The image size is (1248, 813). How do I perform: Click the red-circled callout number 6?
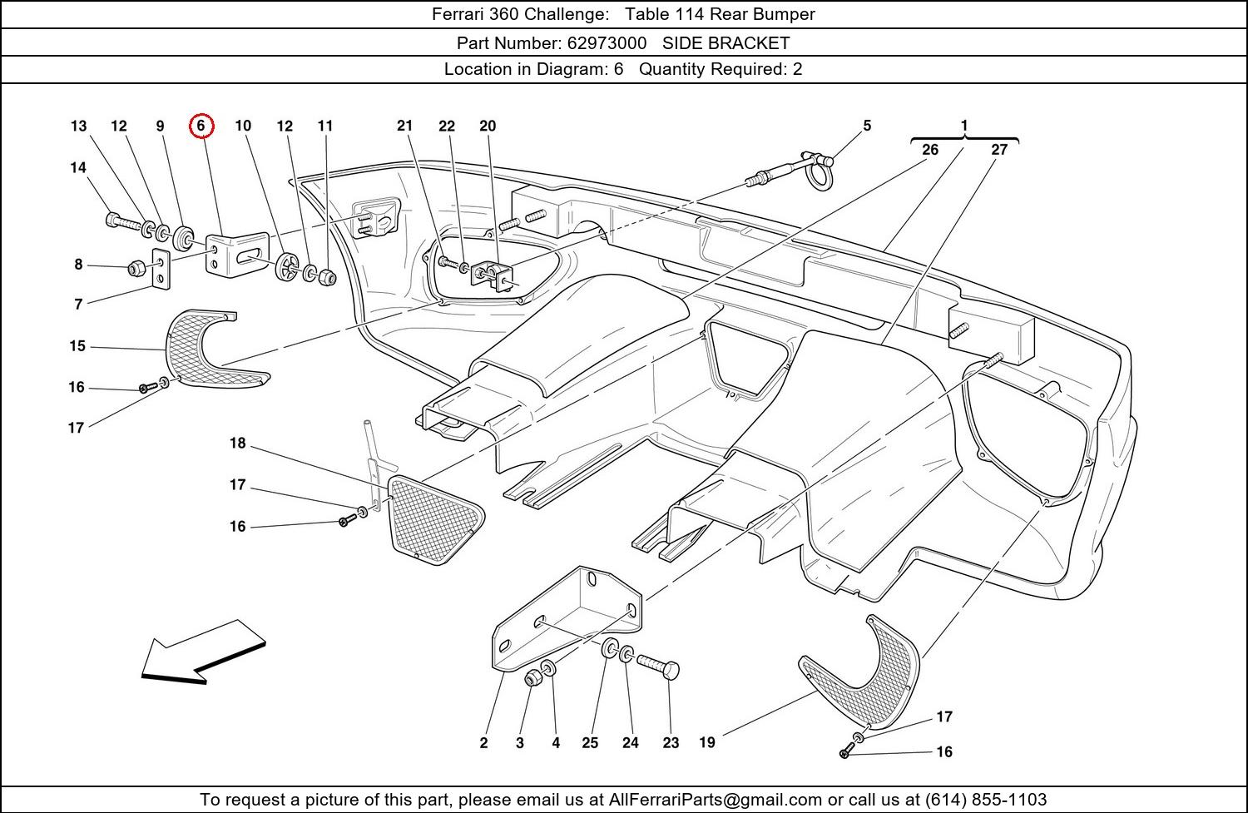click(201, 126)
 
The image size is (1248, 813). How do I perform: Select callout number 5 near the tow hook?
click(867, 126)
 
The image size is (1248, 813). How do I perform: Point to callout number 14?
click(78, 168)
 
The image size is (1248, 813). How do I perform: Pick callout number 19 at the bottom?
click(707, 742)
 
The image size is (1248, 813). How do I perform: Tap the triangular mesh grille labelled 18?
click(433, 517)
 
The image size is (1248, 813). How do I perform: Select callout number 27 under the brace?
click(999, 150)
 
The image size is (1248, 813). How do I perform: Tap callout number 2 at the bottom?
click(483, 743)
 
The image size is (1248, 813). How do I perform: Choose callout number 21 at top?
click(404, 126)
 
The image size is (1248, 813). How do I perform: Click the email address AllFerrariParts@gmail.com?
click(721, 800)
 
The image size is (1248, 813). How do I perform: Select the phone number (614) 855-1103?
click(985, 800)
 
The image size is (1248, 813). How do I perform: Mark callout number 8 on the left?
click(78, 265)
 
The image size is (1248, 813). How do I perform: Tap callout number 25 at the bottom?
click(590, 743)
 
